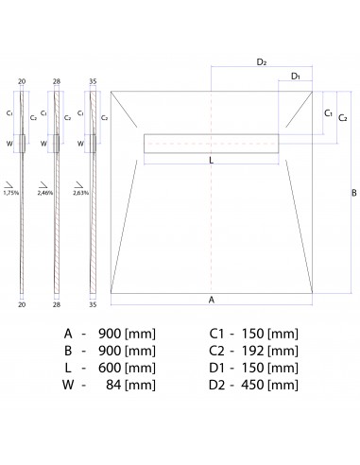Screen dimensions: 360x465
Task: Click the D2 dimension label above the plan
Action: click(x=262, y=62)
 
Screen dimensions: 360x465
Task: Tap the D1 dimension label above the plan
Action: click(x=296, y=77)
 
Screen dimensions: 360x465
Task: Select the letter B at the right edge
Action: click(x=354, y=193)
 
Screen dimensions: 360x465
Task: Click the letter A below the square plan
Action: click(x=212, y=300)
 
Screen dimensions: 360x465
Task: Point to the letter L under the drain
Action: click(x=212, y=161)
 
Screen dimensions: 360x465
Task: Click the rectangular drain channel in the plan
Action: click(x=212, y=144)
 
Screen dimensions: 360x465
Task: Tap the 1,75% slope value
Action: click(x=11, y=193)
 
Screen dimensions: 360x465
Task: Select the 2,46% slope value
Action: click(x=45, y=193)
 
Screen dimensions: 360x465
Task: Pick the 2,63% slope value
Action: click(x=81, y=193)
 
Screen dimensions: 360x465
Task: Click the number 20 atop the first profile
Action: click(x=22, y=81)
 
